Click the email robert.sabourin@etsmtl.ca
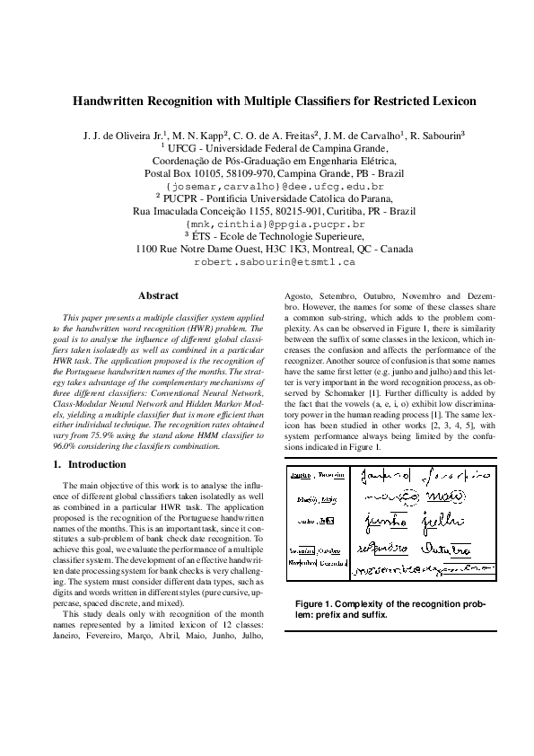point(275,263)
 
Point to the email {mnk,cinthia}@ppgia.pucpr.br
point(274,224)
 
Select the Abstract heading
point(159,295)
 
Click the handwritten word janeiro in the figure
point(380,474)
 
